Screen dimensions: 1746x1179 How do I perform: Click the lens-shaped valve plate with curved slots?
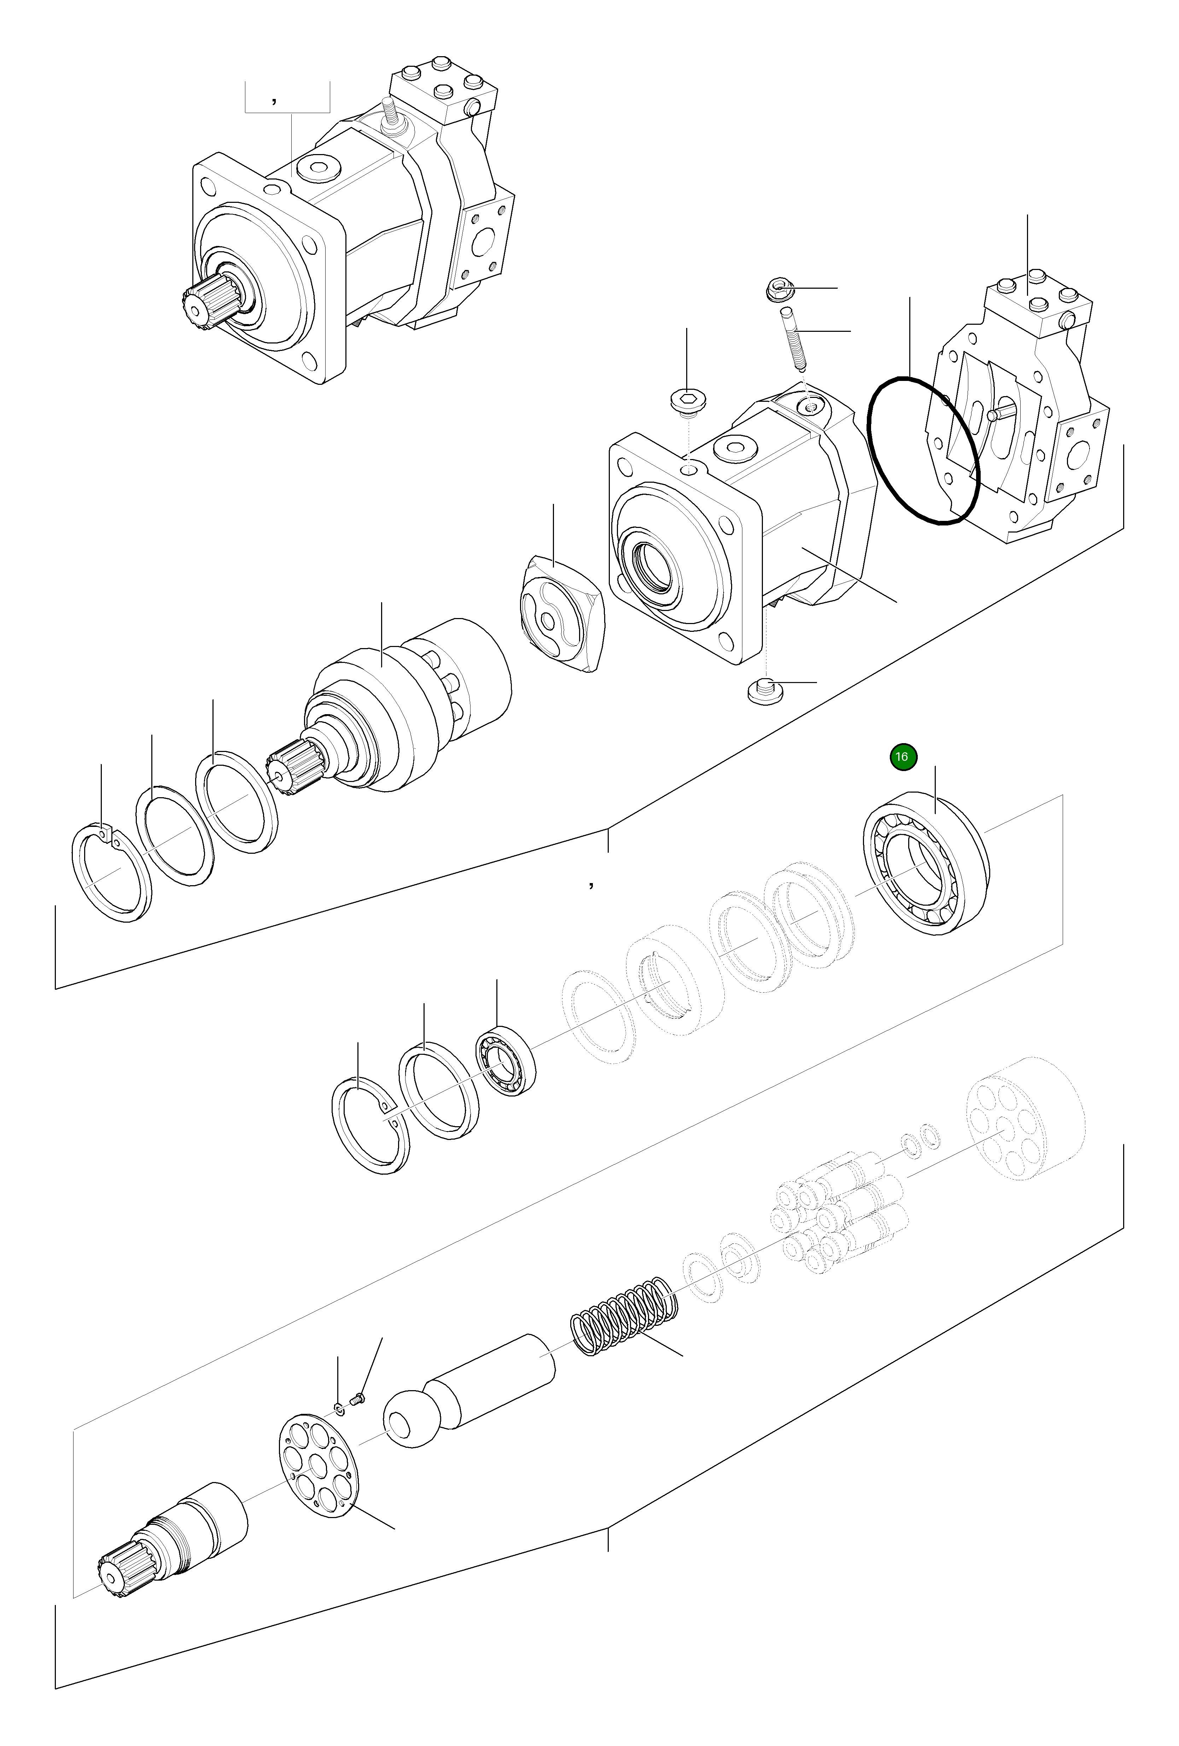(x=562, y=612)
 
